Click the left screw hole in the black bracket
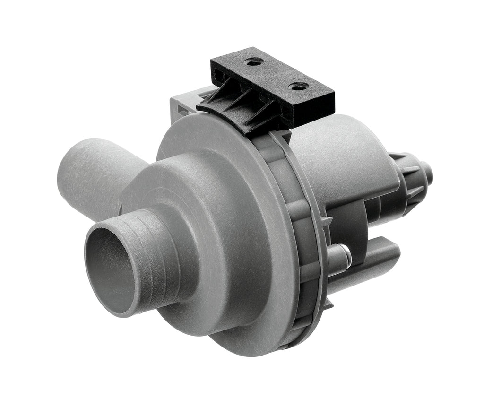254,61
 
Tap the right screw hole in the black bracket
299,86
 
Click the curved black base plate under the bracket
236,118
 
